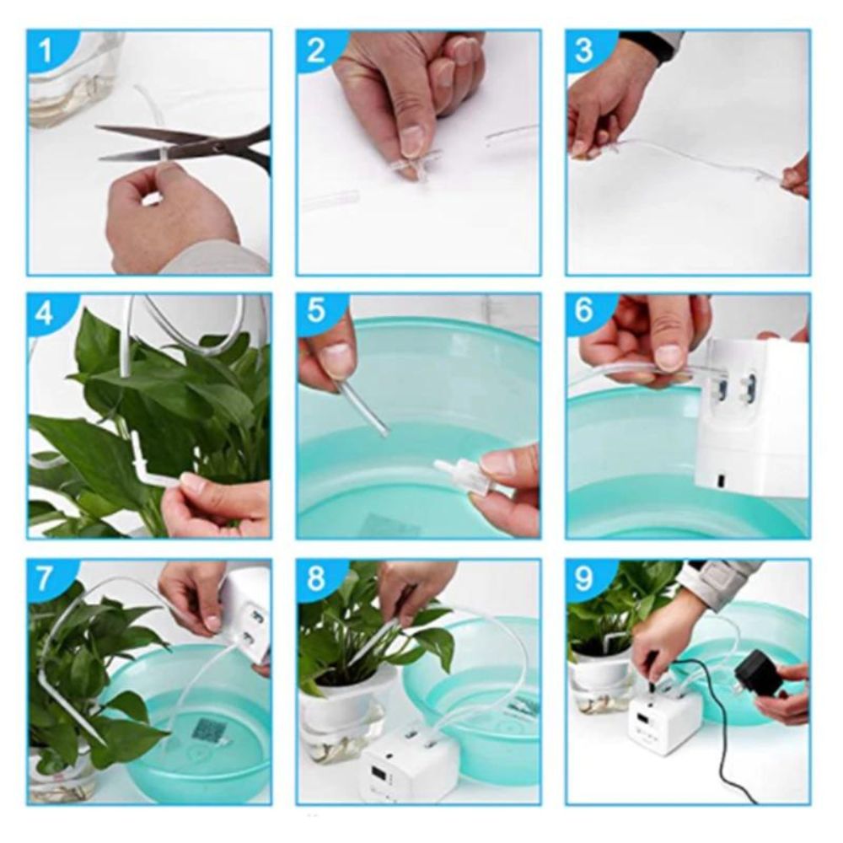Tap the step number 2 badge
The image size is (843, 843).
click(x=315, y=51)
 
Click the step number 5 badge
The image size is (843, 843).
click(x=315, y=314)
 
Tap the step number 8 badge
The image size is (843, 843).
click(x=315, y=579)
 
